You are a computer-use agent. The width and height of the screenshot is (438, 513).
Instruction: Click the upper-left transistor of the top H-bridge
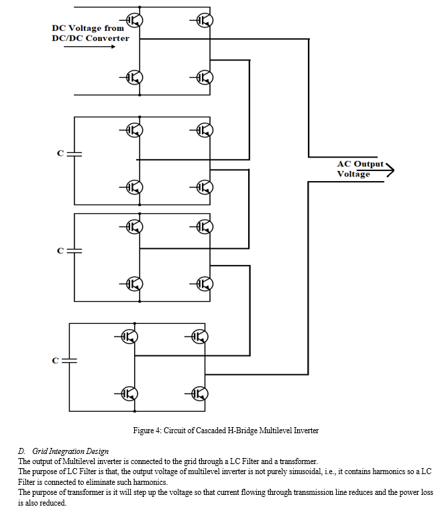[134, 20]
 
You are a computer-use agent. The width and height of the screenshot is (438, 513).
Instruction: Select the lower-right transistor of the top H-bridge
[205, 78]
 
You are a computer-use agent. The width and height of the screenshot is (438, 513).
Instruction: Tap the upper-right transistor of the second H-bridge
[205, 130]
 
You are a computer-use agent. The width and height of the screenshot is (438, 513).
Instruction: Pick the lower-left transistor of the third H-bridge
[134, 284]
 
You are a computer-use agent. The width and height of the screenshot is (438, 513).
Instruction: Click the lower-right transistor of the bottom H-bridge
[199, 394]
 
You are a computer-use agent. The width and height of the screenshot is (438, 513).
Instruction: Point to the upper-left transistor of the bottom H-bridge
[129, 336]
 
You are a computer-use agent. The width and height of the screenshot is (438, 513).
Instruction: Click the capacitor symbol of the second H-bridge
[74, 154]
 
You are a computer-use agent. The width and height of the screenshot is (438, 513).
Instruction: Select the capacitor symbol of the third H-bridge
[74, 251]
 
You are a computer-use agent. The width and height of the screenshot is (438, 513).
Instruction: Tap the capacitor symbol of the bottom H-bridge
[69, 361]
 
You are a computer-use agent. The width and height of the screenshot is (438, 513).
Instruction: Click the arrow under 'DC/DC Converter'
[89, 46]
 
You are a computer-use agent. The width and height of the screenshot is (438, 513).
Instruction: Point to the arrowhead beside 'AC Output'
[390, 170]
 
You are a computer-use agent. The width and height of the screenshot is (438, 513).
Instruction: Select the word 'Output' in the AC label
[369, 164]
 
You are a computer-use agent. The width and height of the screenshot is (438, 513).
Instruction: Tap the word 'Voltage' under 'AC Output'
[353, 174]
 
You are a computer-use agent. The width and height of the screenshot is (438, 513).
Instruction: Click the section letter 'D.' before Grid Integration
[21, 451]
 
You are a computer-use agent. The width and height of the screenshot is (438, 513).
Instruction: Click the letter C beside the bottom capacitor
[55, 361]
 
